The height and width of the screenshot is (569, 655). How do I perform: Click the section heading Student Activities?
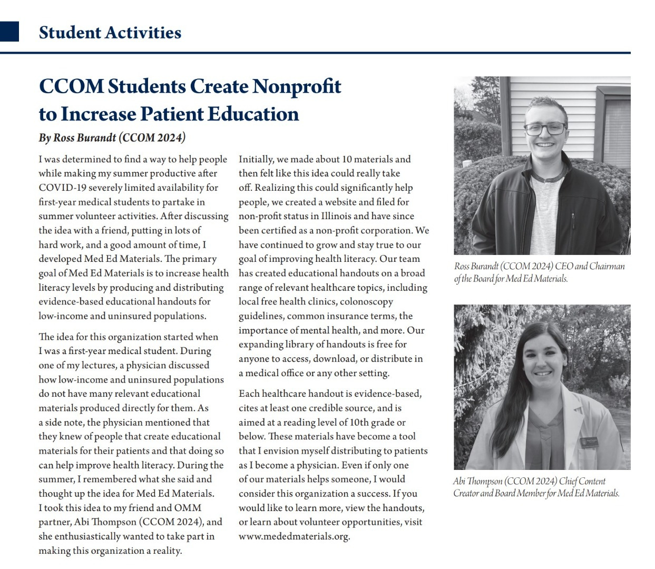110,33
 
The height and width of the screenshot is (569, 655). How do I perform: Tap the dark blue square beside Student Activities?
9,32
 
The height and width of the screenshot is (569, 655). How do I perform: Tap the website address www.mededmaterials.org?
294,536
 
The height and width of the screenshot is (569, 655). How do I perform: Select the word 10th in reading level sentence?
357,423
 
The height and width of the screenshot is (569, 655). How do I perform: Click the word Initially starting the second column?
256,159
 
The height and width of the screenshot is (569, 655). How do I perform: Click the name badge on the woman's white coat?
592,441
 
